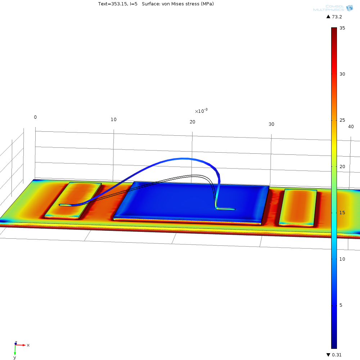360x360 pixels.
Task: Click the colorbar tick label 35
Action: [x=342, y=28]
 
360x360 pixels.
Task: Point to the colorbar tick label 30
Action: [x=342, y=74]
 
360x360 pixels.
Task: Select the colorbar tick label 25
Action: [x=342, y=120]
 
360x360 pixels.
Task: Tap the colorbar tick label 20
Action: [x=342, y=166]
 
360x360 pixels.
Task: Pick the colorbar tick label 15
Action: [x=342, y=213]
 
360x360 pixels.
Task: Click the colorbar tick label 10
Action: [x=342, y=259]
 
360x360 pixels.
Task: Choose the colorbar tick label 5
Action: [x=341, y=305]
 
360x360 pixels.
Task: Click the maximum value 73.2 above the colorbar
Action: [x=337, y=17]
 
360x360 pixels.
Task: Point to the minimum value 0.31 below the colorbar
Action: [x=337, y=355]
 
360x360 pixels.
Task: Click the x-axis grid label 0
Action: [x=35, y=117]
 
